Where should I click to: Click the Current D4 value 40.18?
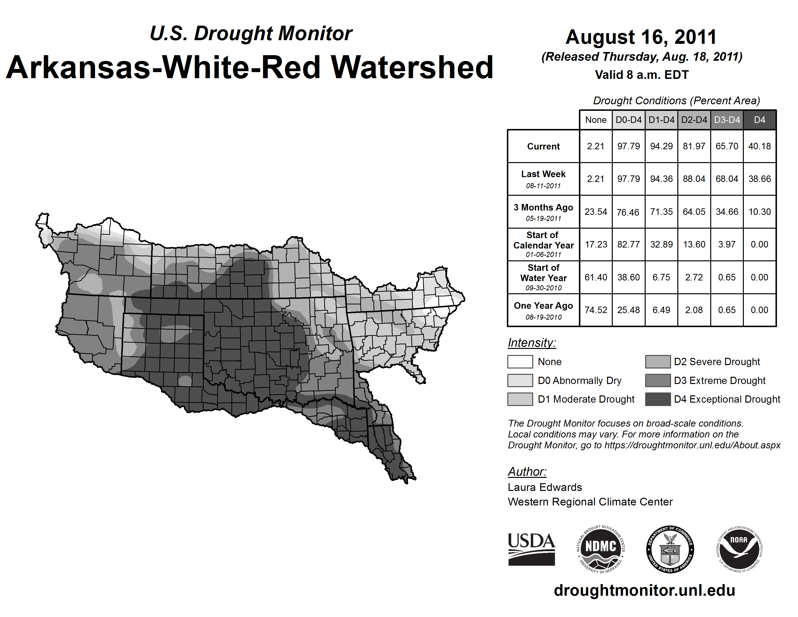coord(759,146)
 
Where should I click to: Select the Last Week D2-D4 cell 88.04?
coord(694,179)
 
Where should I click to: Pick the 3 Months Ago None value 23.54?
coord(596,212)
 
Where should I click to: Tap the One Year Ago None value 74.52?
coord(596,310)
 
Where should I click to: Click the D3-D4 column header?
coord(727,120)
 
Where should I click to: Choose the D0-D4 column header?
coord(628,120)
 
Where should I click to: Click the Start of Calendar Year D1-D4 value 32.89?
coord(661,244)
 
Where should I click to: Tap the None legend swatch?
coord(520,361)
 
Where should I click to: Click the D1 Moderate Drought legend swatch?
coord(520,399)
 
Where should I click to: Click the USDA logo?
coord(531,549)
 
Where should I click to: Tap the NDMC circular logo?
coord(601,549)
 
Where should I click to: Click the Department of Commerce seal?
coord(670,549)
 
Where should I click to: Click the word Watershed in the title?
coord(412,68)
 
